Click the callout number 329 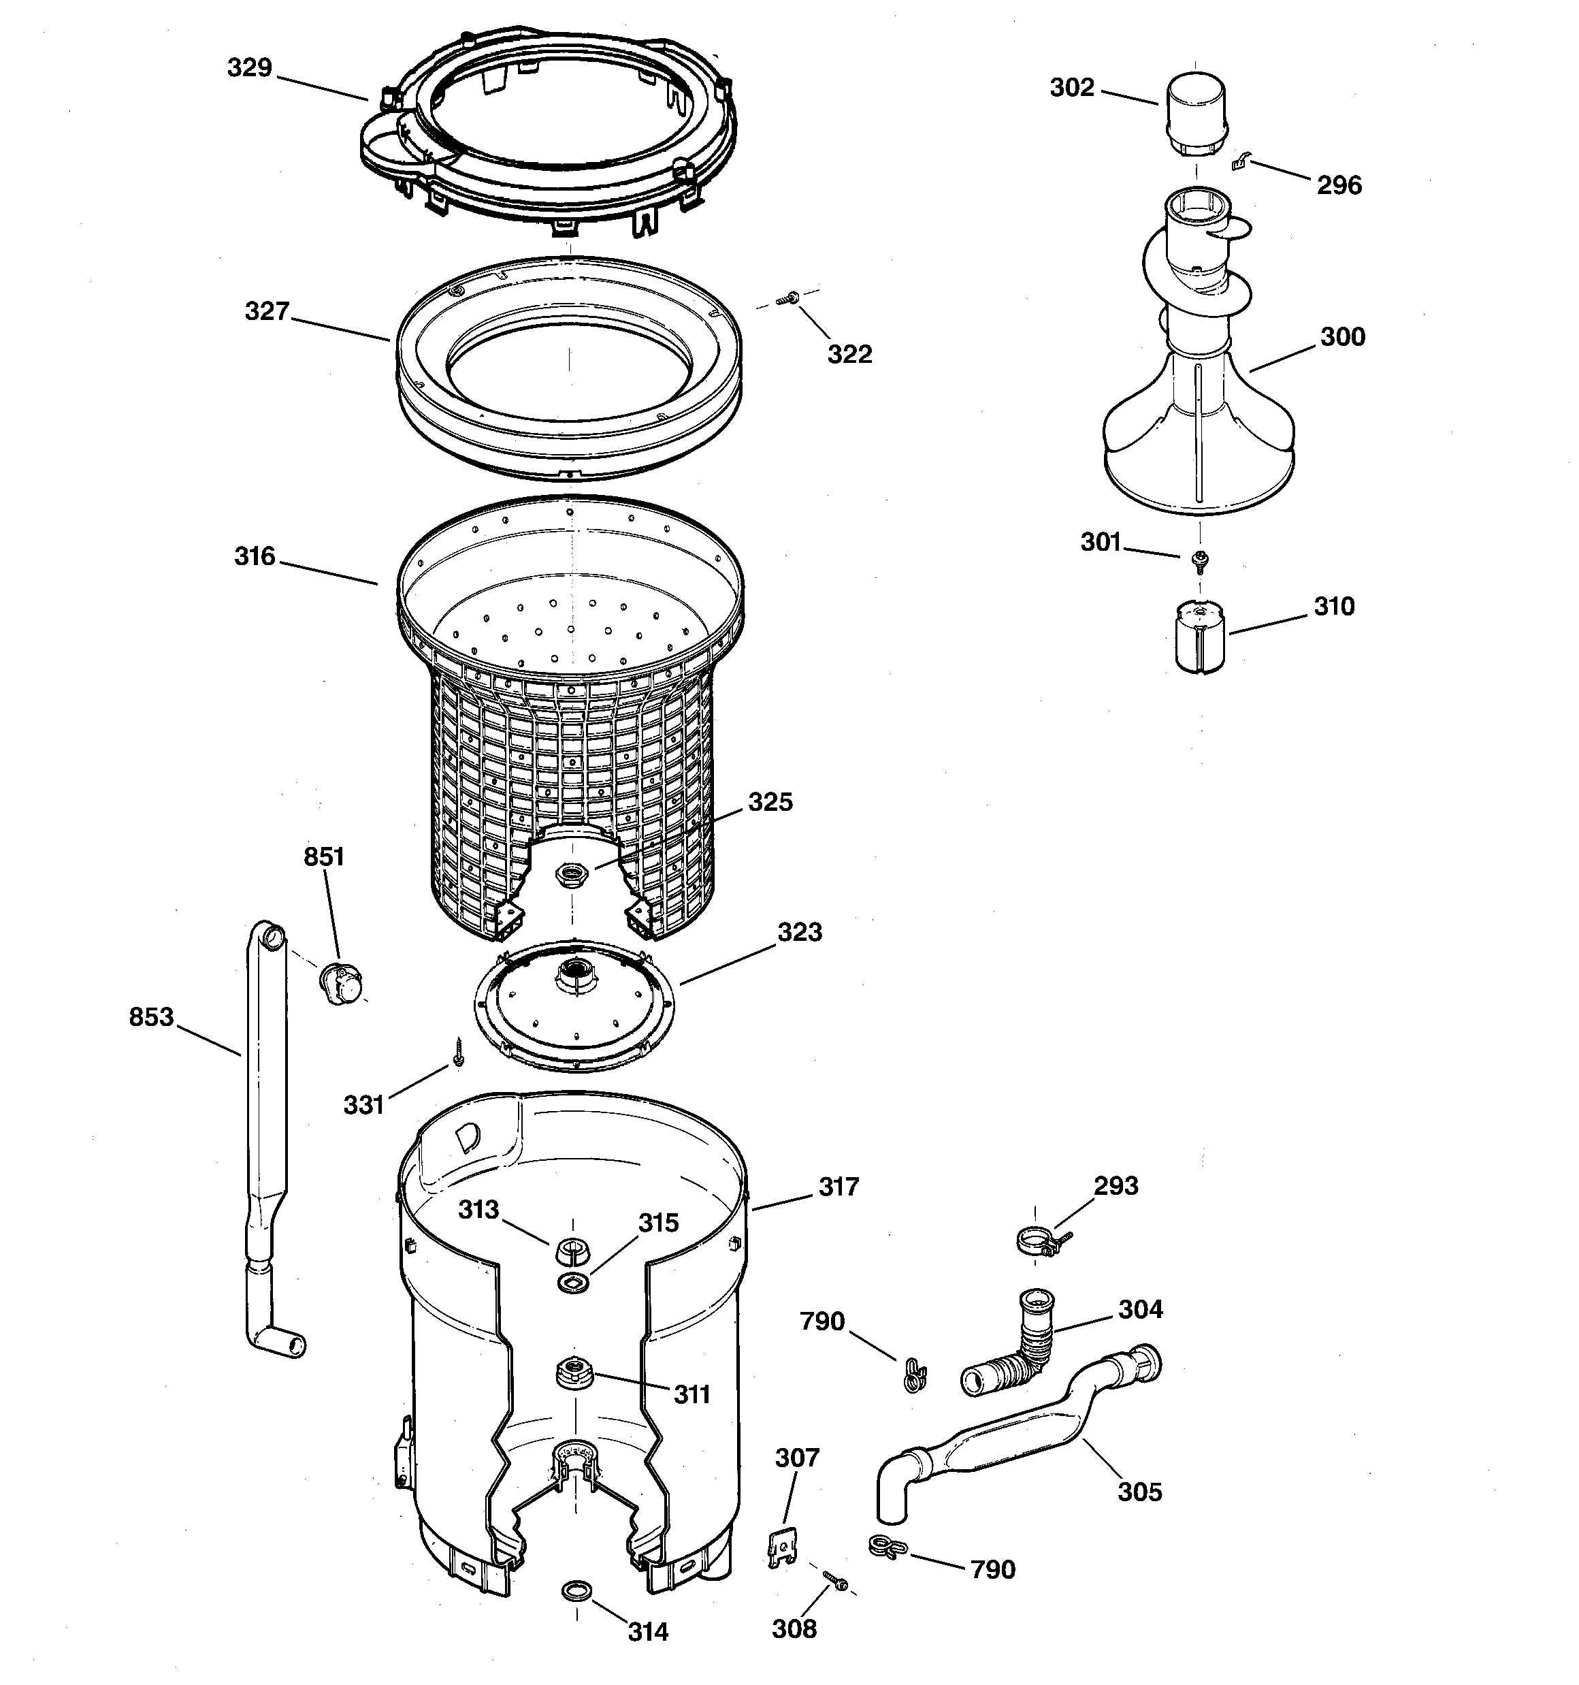pyautogui.click(x=249, y=68)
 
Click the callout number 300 pyautogui.click(x=1343, y=337)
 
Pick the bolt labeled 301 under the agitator pyautogui.click(x=1199, y=558)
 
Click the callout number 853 pyautogui.click(x=151, y=1016)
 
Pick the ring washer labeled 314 pyautogui.click(x=577, y=1588)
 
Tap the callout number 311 pyautogui.click(x=691, y=1394)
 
